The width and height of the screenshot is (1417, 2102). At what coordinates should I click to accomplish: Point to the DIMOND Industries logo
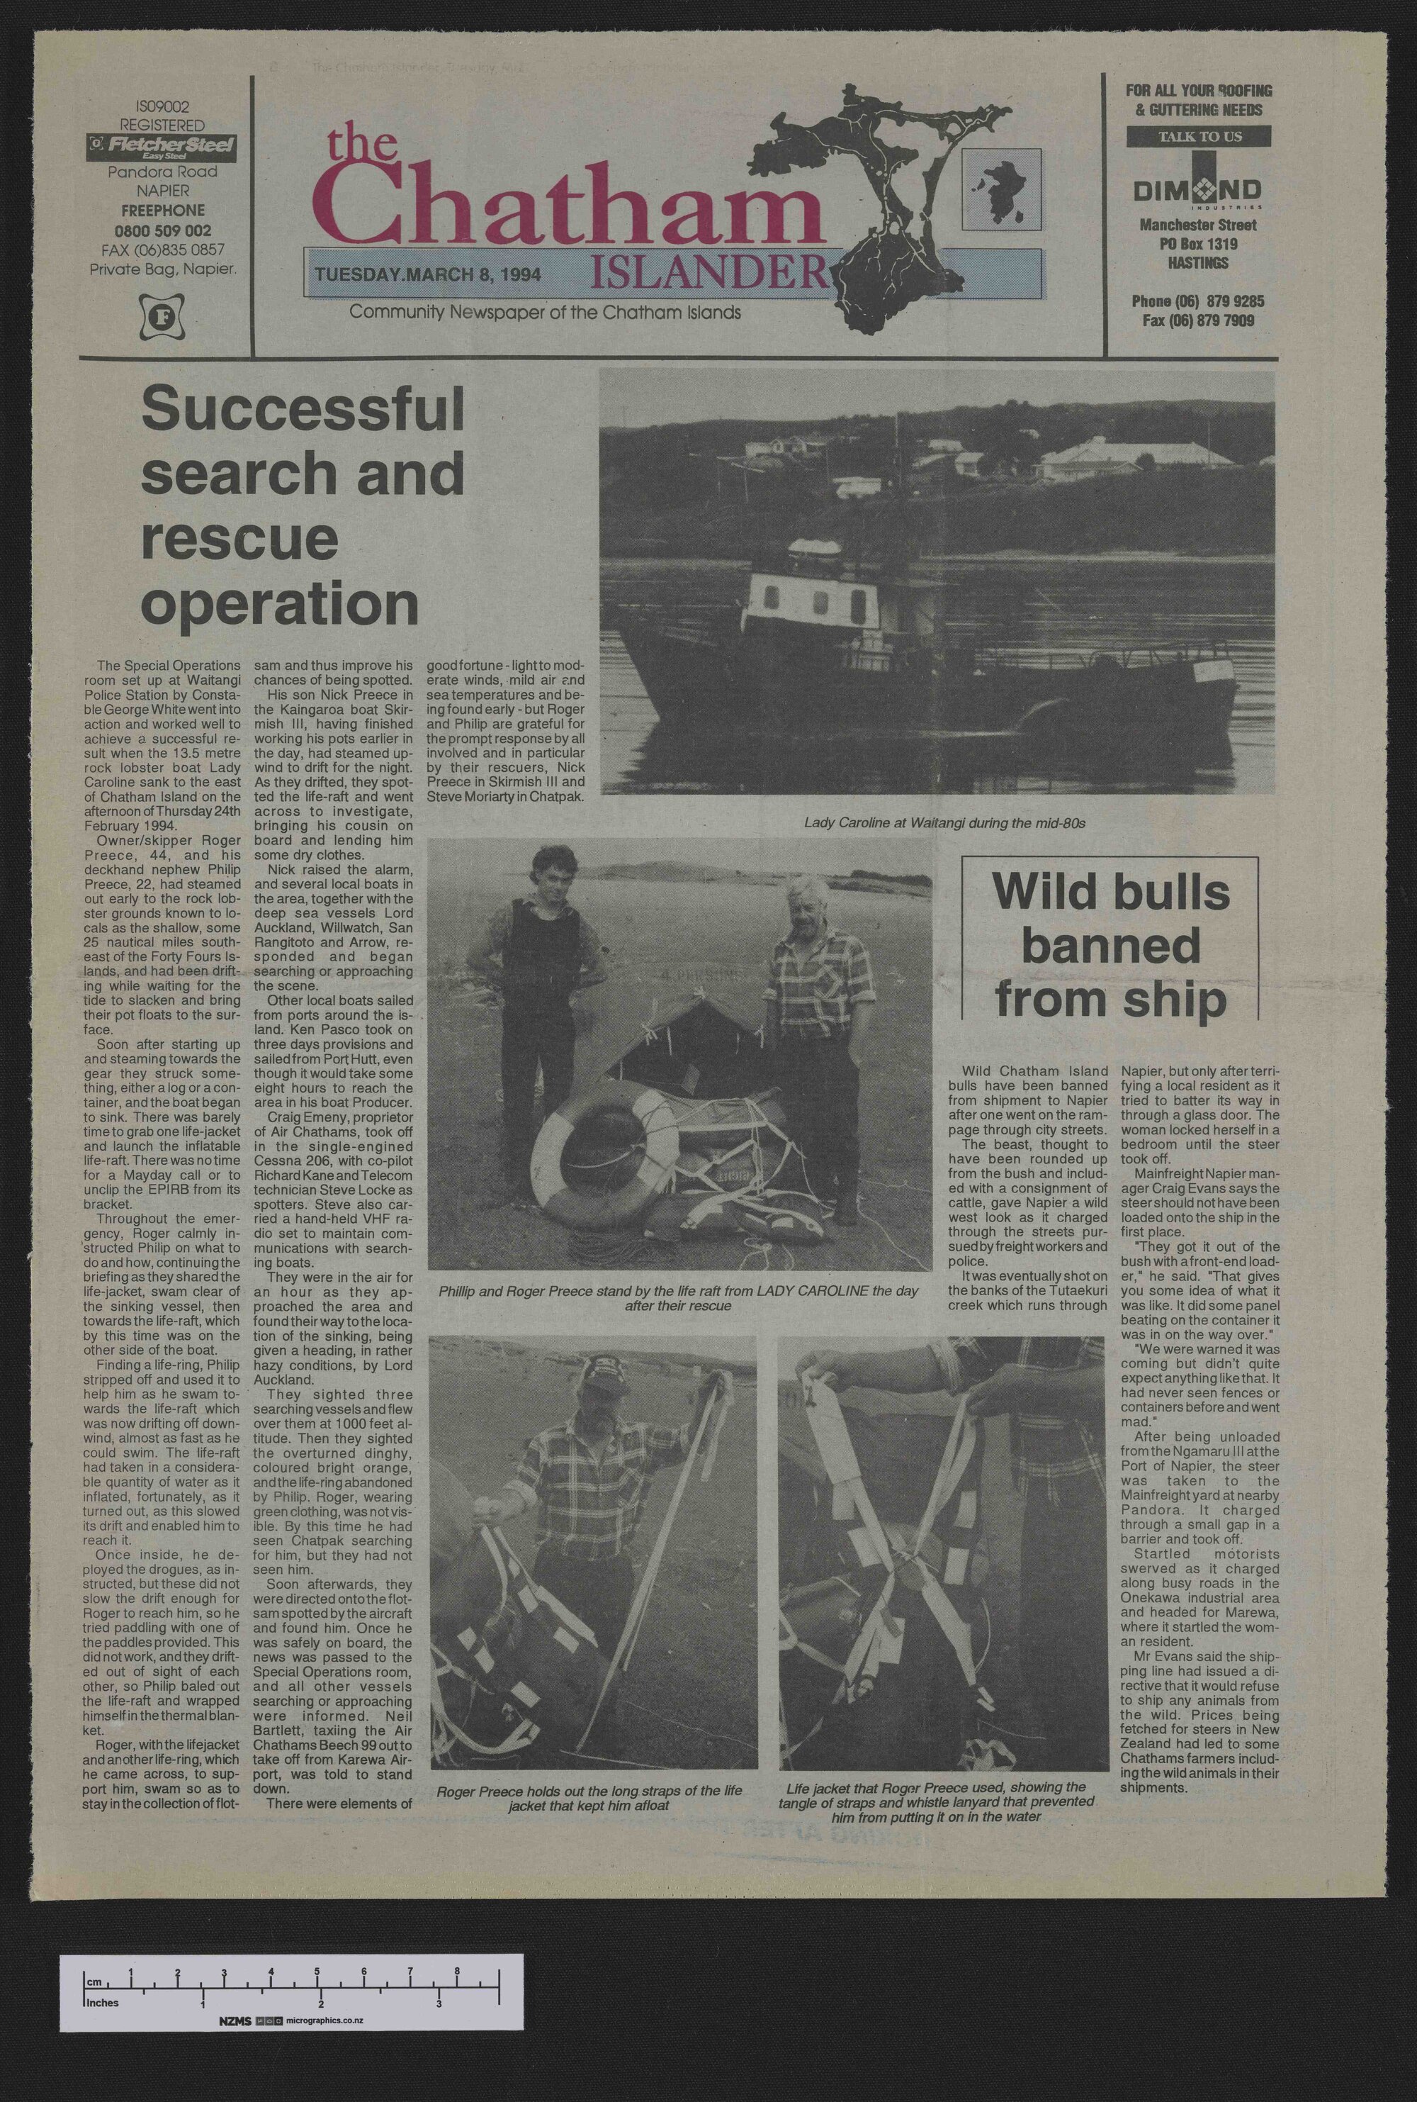tap(1197, 191)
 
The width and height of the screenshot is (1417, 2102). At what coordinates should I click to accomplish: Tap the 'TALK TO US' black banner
tap(1198, 137)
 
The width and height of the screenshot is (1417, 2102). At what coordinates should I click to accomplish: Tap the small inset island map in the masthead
tap(998, 185)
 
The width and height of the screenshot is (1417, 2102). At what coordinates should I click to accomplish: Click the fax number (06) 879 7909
tap(1193, 319)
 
